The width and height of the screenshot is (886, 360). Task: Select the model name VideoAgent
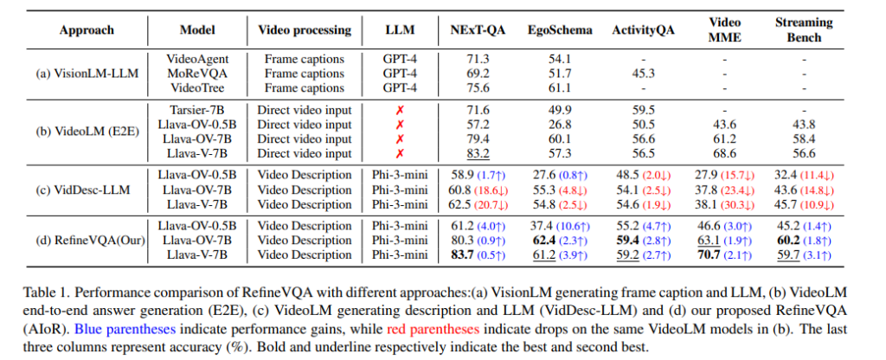pos(196,59)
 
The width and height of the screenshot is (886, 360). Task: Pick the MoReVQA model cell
pos(196,73)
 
